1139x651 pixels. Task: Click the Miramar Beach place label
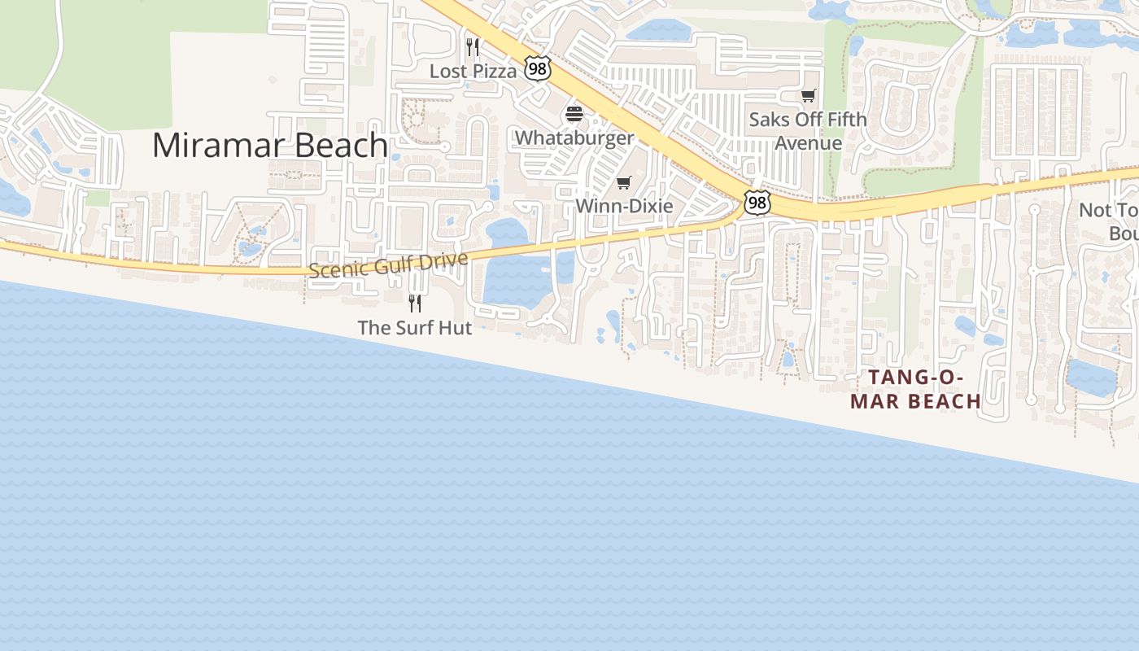point(269,146)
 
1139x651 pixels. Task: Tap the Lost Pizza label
point(473,72)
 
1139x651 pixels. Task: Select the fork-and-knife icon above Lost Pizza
point(473,47)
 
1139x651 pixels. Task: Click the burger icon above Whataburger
point(574,114)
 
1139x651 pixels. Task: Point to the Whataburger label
point(574,138)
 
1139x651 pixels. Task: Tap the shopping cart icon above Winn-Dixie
point(624,182)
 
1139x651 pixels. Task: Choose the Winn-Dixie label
point(624,206)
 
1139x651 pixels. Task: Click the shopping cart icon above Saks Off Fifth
point(808,96)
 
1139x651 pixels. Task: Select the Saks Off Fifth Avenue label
point(808,131)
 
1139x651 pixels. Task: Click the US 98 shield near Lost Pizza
point(537,69)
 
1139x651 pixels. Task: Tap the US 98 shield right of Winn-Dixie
point(757,203)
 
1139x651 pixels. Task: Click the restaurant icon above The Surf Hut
point(415,304)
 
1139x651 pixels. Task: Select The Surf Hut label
point(415,328)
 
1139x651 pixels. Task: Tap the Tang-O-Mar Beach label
point(916,389)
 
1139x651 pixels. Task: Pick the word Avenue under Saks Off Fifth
point(808,143)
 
